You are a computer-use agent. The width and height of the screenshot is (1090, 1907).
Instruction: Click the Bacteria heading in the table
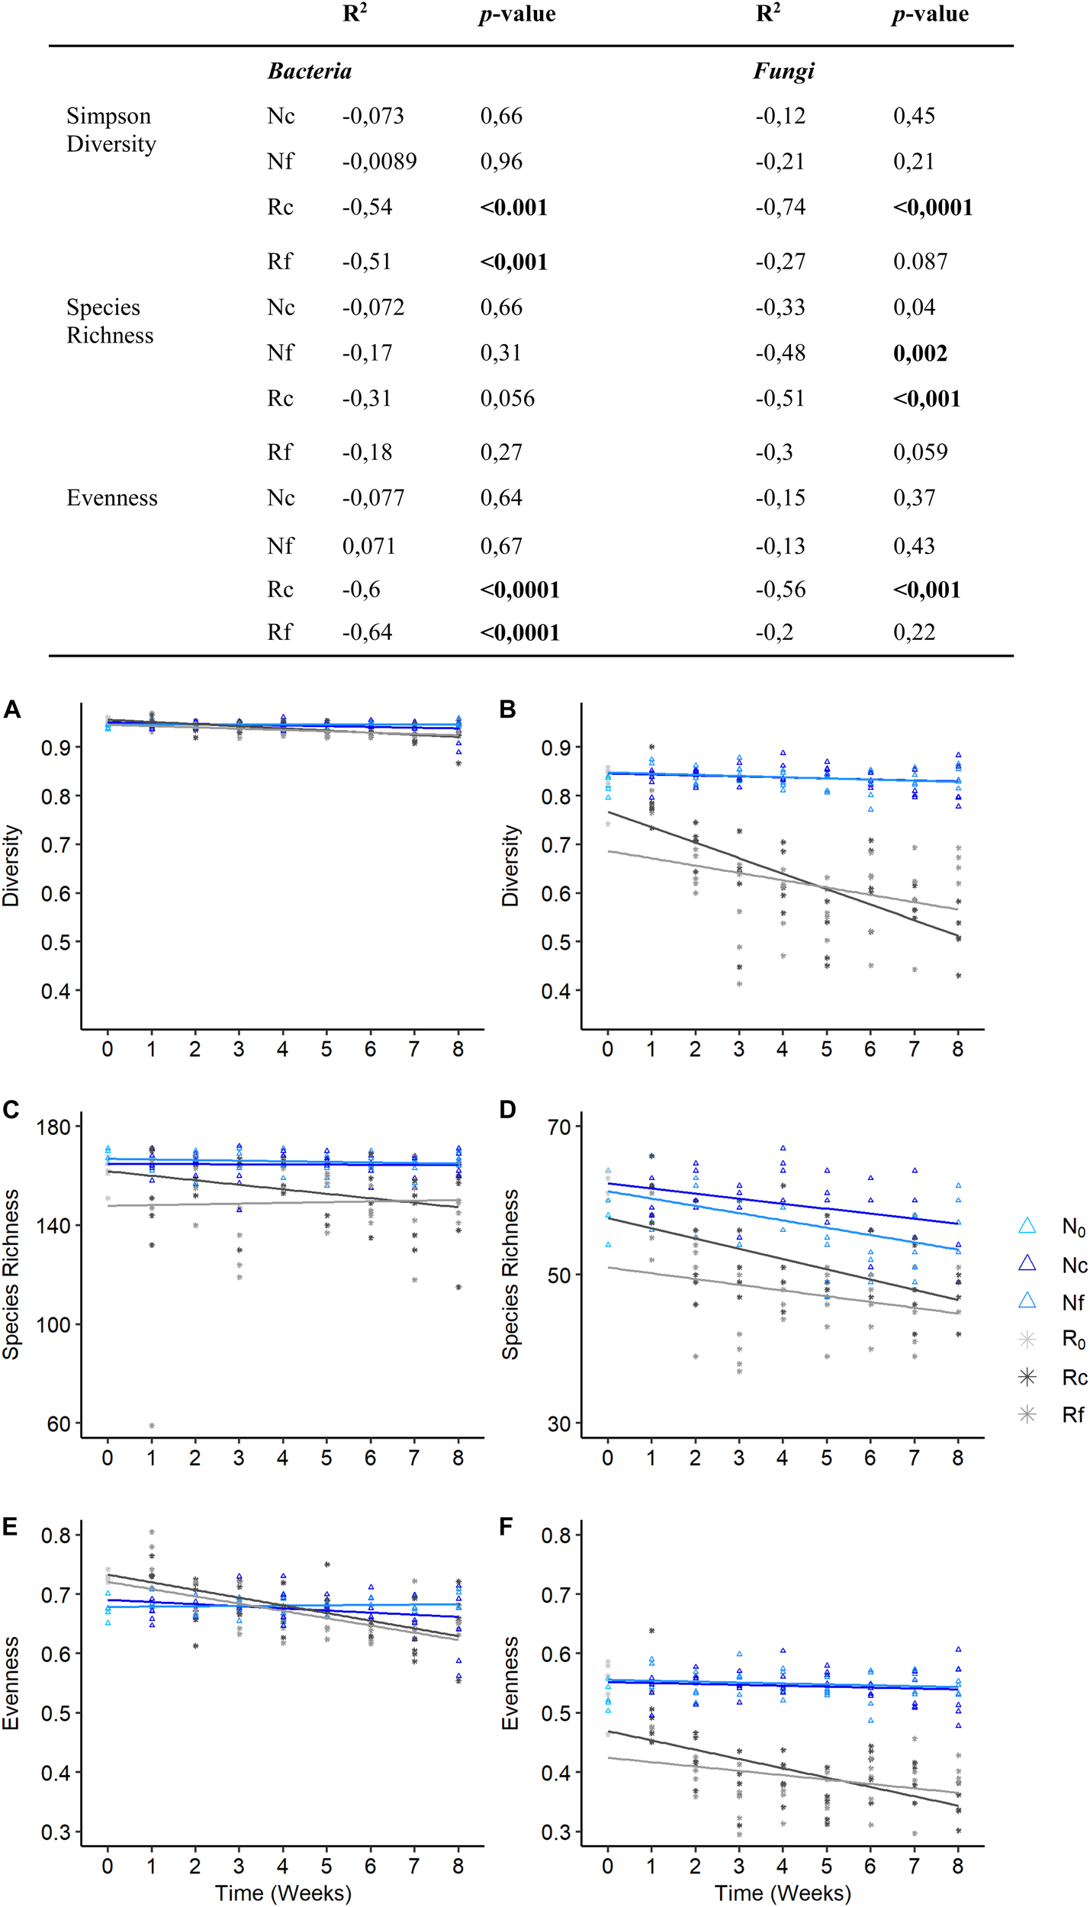coord(309,72)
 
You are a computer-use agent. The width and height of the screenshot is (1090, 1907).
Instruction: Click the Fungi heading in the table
coord(783,72)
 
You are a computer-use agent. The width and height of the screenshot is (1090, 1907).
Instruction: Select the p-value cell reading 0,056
coord(507,398)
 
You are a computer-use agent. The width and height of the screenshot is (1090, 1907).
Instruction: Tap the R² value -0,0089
coord(379,162)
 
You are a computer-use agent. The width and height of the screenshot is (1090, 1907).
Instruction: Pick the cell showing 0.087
coord(920,262)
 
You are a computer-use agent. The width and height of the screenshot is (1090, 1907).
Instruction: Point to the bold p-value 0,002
coord(920,353)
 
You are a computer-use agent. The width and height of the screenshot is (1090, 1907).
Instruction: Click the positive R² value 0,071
coord(368,546)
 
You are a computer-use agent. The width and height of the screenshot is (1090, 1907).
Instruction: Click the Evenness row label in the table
coord(112,498)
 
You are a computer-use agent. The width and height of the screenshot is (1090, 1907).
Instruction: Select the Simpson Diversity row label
coord(111,130)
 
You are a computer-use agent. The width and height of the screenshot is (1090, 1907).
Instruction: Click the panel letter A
coord(11,709)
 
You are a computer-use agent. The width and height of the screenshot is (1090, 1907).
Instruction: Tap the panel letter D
coord(508,1109)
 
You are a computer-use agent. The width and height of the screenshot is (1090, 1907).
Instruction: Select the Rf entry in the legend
coord(1072,1415)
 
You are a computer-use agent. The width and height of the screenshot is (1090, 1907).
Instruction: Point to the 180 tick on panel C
coord(53,1127)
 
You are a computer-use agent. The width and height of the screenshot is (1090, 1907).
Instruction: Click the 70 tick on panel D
coord(559,1127)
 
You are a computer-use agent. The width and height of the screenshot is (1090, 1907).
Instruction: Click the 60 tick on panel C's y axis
coord(59,1423)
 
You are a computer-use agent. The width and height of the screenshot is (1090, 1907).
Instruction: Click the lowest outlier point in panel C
coord(152,1425)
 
